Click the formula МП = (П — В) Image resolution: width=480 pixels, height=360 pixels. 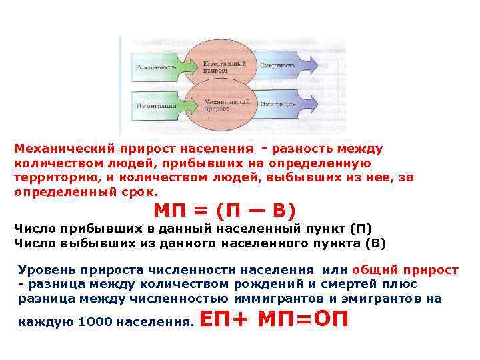[224, 211]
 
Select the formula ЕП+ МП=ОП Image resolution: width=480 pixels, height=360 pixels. [274, 319]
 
